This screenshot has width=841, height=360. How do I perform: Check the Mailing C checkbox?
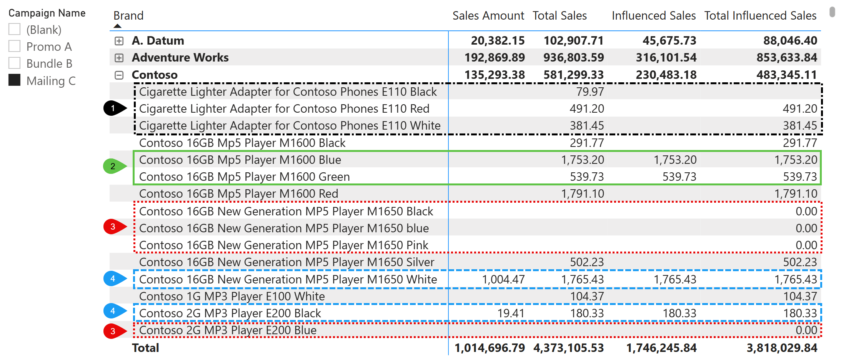pyautogui.click(x=15, y=80)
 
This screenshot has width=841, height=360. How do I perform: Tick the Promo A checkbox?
pyautogui.click(x=15, y=46)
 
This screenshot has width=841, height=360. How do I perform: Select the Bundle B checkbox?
pyautogui.click(x=15, y=63)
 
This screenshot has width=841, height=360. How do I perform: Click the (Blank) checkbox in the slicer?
pyautogui.click(x=15, y=29)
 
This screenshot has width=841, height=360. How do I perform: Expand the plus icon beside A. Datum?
pyautogui.click(x=119, y=41)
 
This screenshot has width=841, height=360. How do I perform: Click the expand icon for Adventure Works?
pyautogui.click(x=119, y=58)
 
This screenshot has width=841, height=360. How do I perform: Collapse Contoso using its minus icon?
pyautogui.click(x=119, y=75)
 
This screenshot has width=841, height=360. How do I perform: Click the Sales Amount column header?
pyautogui.click(x=488, y=16)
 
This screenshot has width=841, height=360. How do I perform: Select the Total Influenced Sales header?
pyautogui.click(x=760, y=16)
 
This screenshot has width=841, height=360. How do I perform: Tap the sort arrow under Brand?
pyautogui.click(x=118, y=26)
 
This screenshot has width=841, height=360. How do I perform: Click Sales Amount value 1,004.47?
pyautogui.click(x=503, y=280)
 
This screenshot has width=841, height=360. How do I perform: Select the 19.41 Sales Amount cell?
pyautogui.click(x=511, y=313)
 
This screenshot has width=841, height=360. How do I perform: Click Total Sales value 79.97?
pyautogui.click(x=590, y=92)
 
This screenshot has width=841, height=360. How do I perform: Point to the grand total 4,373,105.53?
pyautogui.click(x=568, y=348)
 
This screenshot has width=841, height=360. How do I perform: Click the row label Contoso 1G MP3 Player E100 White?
pyautogui.click(x=232, y=297)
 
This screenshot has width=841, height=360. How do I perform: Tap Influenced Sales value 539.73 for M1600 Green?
pyautogui.click(x=679, y=177)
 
